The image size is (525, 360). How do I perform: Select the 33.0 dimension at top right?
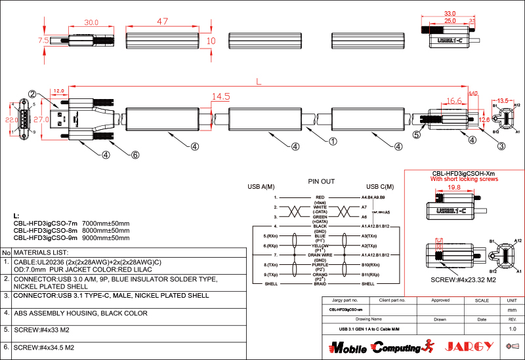click(450, 13)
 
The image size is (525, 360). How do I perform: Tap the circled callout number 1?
click(333, 140)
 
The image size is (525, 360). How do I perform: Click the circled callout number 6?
click(135, 155)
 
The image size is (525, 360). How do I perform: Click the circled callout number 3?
click(501, 146)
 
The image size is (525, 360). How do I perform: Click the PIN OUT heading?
click(322, 181)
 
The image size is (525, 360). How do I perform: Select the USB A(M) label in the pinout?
click(261, 188)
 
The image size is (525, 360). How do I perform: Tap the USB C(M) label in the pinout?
click(380, 188)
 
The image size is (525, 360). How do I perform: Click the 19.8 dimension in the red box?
click(453, 187)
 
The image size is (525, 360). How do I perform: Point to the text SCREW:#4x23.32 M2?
click(463, 280)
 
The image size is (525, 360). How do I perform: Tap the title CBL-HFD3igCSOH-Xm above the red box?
click(463, 172)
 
